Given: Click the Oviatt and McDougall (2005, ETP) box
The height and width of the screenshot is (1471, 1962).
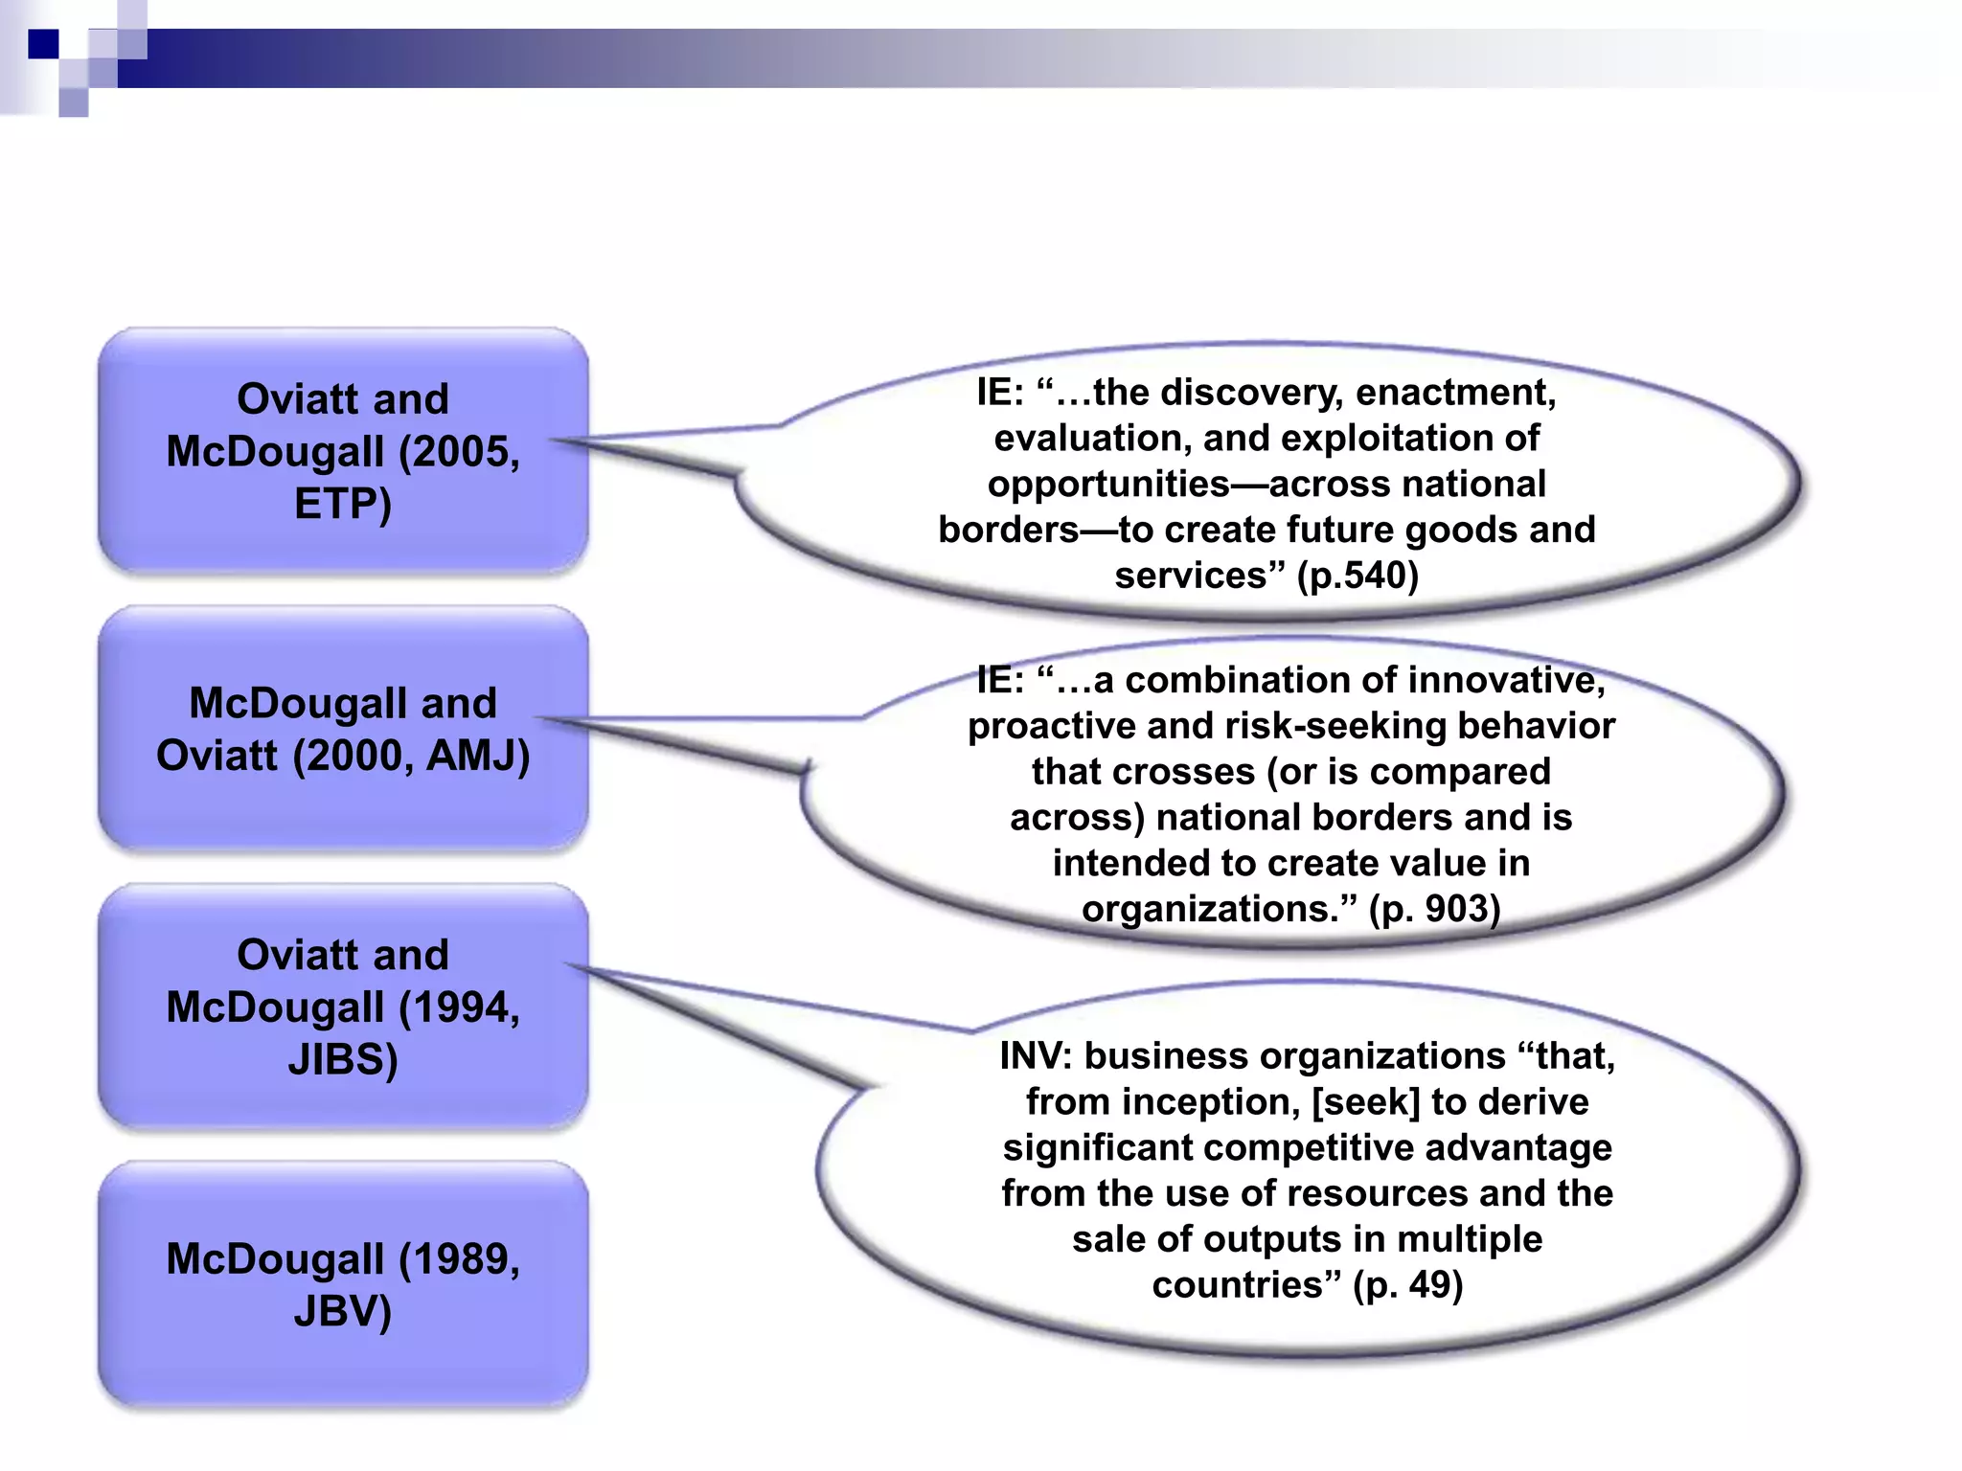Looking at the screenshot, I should (343, 450).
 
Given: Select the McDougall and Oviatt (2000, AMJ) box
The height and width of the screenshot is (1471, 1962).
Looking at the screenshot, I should (343, 728).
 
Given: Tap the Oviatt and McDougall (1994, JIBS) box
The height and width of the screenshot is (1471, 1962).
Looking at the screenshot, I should (343, 1006).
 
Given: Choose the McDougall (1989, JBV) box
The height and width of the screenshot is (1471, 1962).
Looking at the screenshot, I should (343, 1283).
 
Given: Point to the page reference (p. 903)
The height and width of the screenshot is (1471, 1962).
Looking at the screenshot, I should (1434, 909).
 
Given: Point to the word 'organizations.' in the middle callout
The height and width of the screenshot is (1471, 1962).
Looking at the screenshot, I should (1219, 909).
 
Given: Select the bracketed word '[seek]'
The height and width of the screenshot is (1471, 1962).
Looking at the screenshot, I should (1365, 1102).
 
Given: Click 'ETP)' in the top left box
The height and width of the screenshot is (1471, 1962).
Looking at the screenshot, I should (343, 504).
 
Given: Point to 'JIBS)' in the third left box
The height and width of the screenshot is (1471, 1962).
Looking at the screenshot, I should (343, 1059).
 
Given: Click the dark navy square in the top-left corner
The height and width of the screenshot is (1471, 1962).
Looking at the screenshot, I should (43, 44).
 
